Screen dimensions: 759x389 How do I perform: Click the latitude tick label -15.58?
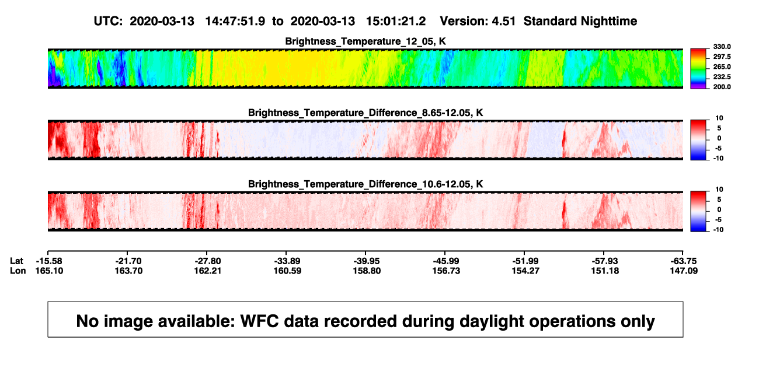pyautogui.click(x=49, y=261)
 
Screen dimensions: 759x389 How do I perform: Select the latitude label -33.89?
pyautogui.click(x=287, y=261)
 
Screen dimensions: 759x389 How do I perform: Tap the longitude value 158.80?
pyautogui.click(x=367, y=271)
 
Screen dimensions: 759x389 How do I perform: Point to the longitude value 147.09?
pyautogui.click(x=684, y=271)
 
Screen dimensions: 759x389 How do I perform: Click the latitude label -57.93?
pyautogui.click(x=605, y=261)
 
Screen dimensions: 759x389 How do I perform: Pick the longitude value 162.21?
pyautogui.click(x=208, y=271)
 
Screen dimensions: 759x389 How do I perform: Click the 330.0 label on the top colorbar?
pyautogui.click(x=722, y=47)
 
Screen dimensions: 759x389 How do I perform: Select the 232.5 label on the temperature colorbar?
pyautogui.click(x=722, y=77)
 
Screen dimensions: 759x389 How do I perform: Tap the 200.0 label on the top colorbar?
pyautogui.click(x=722, y=87)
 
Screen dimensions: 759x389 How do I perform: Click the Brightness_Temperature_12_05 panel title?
pyautogui.click(x=365, y=41)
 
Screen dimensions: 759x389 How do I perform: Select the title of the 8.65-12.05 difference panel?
pyautogui.click(x=365, y=113)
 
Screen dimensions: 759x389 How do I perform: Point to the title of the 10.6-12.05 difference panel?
pyautogui.click(x=365, y=184)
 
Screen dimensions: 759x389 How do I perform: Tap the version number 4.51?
pyautogui.click(x=503, y=22)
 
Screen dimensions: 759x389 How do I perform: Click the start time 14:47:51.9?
pyautogui.click(x=235, y=22)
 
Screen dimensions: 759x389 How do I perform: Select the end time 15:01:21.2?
pyautogui.click(x=396, y=22)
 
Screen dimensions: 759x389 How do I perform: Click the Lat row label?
pyautogui.click(x=16, y=261)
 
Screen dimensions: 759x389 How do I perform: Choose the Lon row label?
pyautogui.click(x=18, y=271)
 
